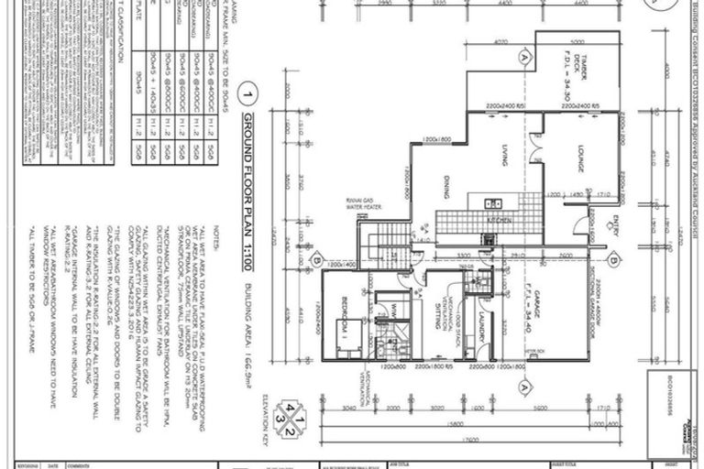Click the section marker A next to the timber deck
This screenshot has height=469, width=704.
[x=525, y=57]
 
